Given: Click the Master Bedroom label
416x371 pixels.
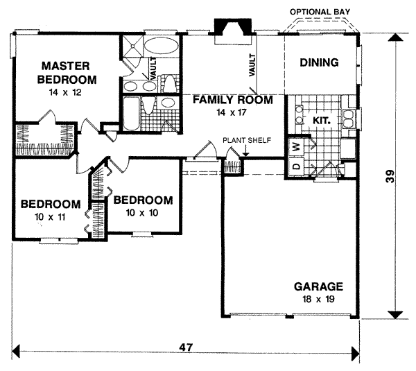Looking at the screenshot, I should click(x=67, y=71).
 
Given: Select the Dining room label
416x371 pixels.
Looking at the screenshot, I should click(x=319, y=63).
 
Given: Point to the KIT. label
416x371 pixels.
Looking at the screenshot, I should click(x=321, y=120).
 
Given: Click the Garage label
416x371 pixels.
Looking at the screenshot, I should click(x=319, y=286).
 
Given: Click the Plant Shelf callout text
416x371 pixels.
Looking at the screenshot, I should click(x=246, y=141).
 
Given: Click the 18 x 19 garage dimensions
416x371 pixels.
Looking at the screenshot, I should click(x=319, y=299).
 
